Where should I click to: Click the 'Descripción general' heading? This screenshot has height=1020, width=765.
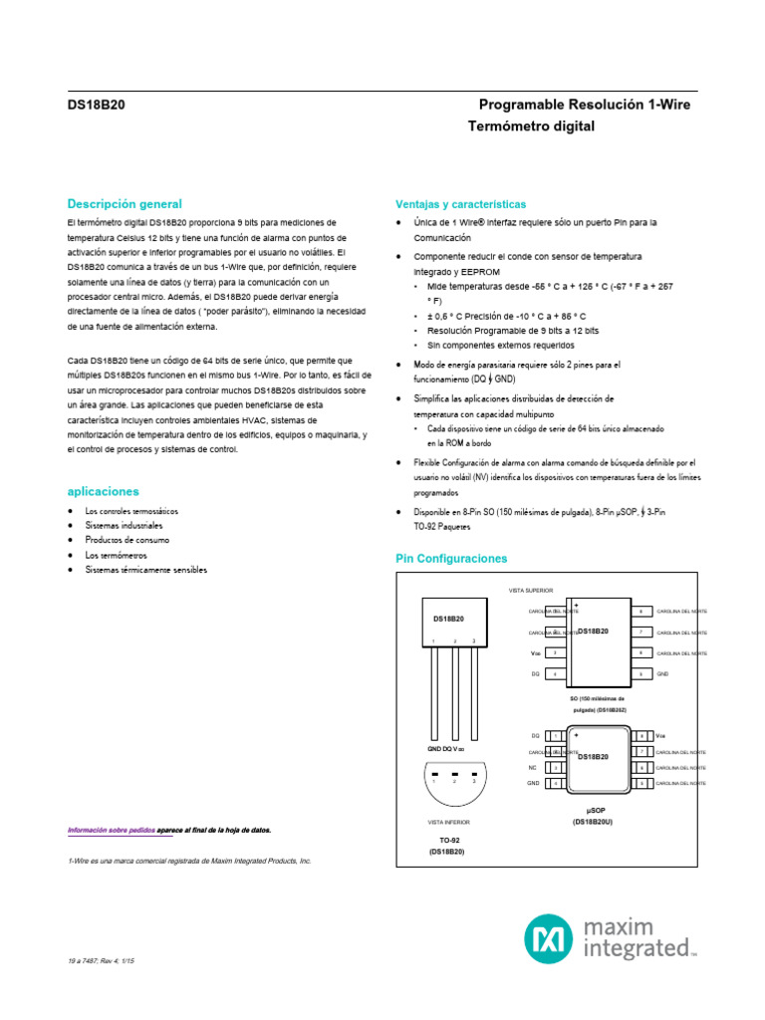(x=124, y=204)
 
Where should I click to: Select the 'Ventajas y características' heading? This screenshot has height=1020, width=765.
(x=460, y=204)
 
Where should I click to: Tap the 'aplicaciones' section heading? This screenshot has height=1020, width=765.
(x=103, y=491)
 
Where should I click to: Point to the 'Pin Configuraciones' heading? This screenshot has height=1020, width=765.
(x=451, y=559)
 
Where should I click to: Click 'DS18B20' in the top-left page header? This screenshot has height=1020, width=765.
(x=96, y=105)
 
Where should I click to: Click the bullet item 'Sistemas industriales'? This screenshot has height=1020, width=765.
(x=124, y=525)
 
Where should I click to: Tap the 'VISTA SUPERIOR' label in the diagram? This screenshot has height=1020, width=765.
(x=531, y=591)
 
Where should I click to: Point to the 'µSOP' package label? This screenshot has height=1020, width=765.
(x=597, y=811)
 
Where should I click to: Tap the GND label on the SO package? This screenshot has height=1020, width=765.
(x=662, y=673)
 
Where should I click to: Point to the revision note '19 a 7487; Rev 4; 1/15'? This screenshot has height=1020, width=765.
(x=101, y=960)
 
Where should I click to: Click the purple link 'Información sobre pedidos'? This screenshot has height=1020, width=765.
(x=112, y=830)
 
